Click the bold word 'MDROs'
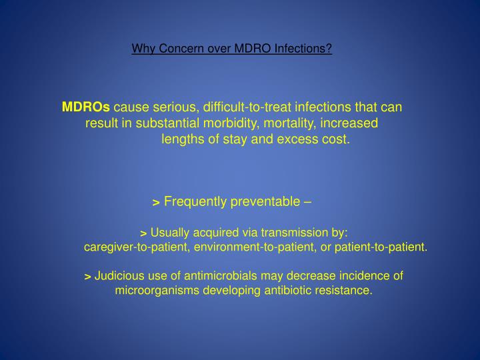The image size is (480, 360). pyautogui.click(x=86, y=107)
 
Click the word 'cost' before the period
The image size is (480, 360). pyautogui.click(x=334, y=139)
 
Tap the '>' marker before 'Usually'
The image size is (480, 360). pyautogui.click(x=143, y=233)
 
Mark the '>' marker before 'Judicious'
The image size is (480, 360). pyautogui.click(x=88, y=276)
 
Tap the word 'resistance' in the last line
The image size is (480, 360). pyautogui.click(x=347, y=291)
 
